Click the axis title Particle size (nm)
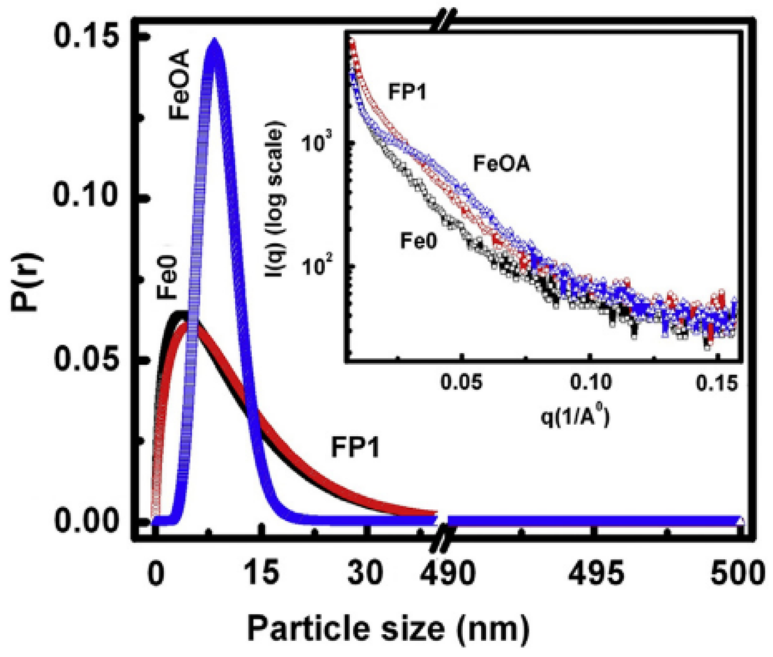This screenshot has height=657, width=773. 388,628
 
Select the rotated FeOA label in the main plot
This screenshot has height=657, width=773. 179,84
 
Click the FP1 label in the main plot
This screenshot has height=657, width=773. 355,447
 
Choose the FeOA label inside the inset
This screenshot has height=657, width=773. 501,164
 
